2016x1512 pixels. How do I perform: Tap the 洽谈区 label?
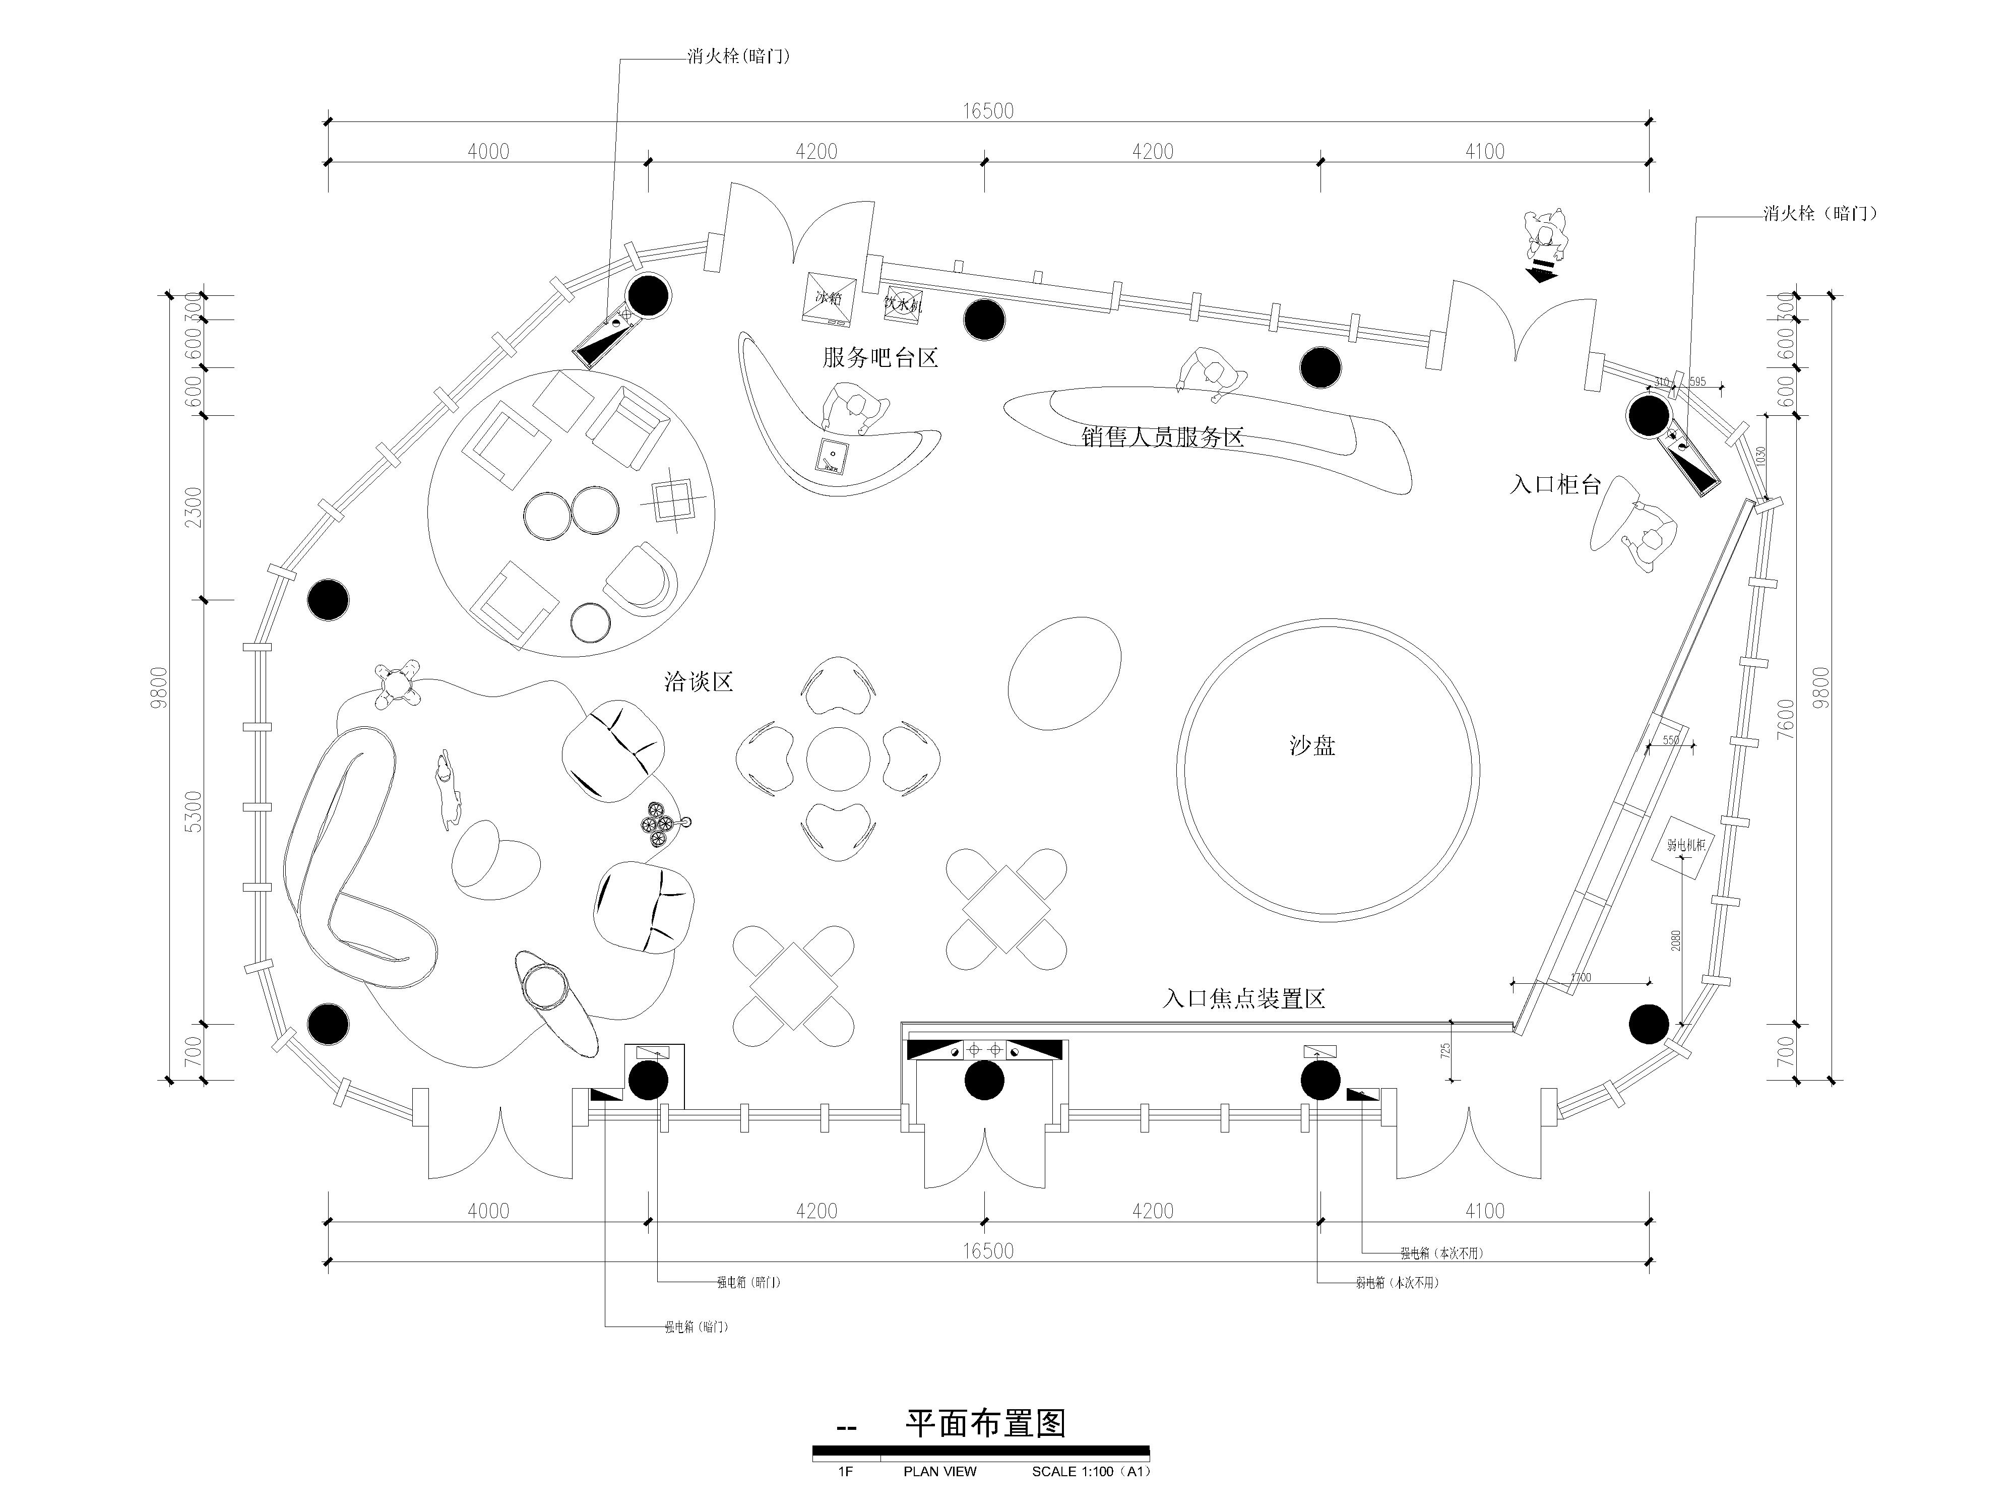698,682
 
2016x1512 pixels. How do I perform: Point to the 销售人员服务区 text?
1162,437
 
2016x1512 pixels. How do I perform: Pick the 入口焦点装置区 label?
1243,999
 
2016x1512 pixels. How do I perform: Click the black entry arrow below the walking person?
1543,271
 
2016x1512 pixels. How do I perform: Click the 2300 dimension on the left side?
193,507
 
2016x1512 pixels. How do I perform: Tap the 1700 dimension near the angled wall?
1581,978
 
